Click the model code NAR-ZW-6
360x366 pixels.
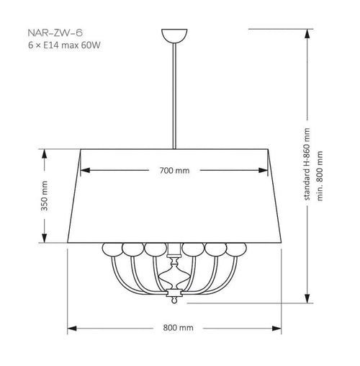pos(55,33)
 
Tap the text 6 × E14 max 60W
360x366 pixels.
pos(64,45)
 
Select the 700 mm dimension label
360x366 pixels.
pos(174,171)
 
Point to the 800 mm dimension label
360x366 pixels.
pos(178,328)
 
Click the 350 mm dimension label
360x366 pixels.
pos(44,196)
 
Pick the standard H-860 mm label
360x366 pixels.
pos(307,164)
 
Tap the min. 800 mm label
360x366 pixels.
pos(320,176)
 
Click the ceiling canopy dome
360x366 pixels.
pos(174,35)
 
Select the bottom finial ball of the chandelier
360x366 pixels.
pos(174,300)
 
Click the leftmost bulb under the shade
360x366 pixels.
pos(112,249)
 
